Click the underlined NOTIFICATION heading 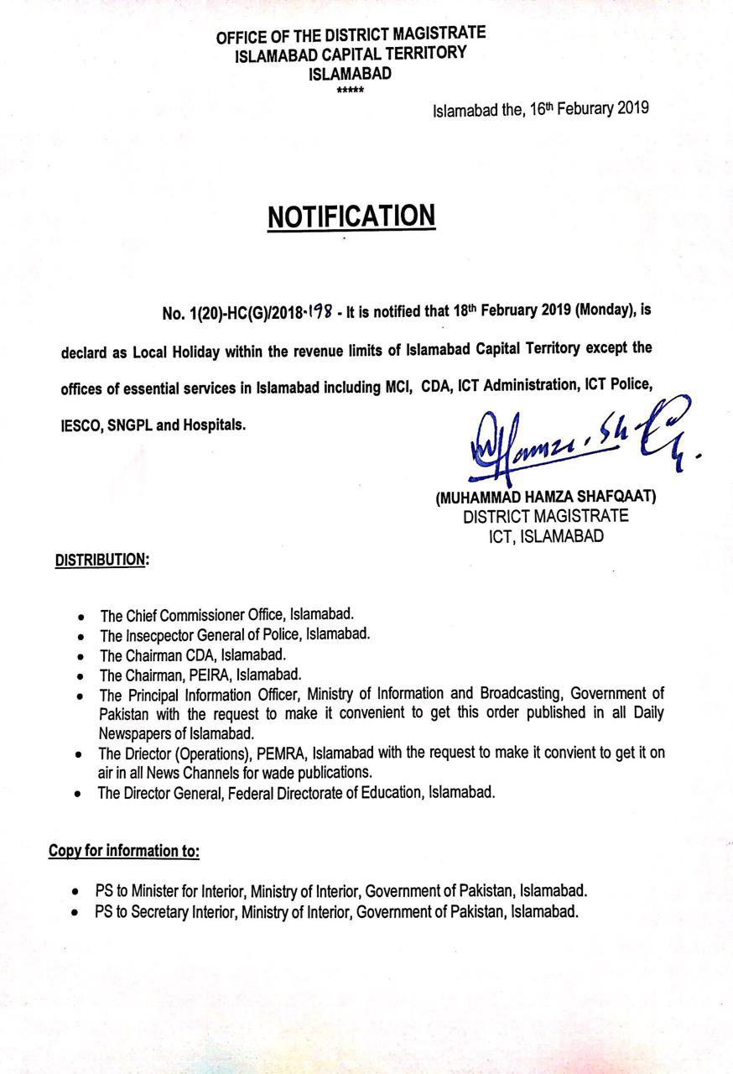351,216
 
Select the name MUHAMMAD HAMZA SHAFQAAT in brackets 545,497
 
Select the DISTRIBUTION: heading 101,560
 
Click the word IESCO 81,425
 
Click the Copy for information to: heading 124,852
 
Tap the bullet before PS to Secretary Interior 77,913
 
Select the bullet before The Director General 78,794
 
